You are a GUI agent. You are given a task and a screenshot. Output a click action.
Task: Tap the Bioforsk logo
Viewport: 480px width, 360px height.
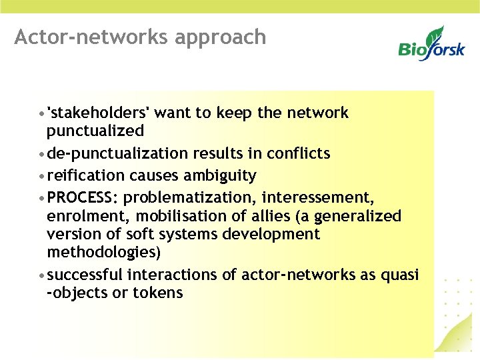tap(431, 45)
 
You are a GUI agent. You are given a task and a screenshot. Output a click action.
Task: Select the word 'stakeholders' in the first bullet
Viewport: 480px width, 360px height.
tap(98, 113)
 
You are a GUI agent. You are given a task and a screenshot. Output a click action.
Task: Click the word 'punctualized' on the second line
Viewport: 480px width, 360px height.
tap(95, 131)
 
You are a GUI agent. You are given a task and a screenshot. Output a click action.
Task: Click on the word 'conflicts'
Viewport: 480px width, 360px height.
tap(298, 153)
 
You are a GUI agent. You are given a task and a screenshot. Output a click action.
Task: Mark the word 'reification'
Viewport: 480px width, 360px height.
tap(86, 175)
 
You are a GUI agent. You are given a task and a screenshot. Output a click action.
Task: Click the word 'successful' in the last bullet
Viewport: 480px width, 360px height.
tap(85, 275)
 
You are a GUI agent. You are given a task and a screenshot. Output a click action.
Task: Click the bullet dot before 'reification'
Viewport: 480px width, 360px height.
tap(42, 176)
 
